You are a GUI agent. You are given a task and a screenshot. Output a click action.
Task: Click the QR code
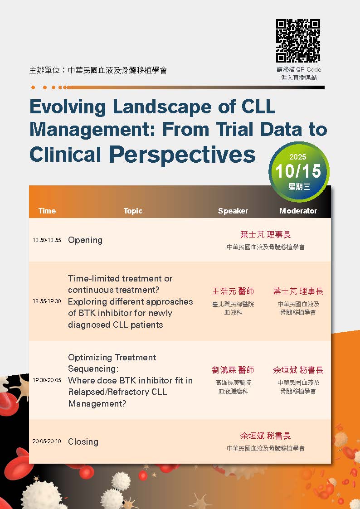pos(298,41)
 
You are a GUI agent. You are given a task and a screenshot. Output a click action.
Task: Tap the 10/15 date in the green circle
pos(298,171)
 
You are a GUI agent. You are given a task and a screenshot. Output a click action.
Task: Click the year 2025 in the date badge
pos(298,157)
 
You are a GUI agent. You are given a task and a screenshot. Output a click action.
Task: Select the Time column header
pos(47,211)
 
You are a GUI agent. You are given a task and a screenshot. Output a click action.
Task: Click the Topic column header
pos(133,211)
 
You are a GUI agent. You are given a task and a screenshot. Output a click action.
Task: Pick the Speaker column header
pos(233,211)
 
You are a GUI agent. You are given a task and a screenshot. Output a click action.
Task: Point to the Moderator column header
pos(298,211)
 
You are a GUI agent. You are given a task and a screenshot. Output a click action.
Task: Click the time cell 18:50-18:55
pos(47,240)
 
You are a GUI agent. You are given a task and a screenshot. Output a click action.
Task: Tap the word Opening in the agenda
pos(85,240)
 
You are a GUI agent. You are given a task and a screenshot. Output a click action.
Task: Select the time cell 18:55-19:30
pos(47,301)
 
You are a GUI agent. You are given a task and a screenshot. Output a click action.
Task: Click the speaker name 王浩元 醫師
pos(233,291)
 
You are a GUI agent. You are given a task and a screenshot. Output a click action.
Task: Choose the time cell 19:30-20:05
pos(47,380)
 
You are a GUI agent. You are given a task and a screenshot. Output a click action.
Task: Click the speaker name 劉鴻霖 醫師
pos(233,370)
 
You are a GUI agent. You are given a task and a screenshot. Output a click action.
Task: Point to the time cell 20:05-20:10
pos(47,441)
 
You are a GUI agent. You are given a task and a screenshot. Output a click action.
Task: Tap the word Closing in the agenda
pos(83,441)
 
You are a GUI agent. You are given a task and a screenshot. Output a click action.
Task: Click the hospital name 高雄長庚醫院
pos(233,383)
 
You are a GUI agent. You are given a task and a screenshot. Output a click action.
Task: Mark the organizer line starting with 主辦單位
pos(98,70)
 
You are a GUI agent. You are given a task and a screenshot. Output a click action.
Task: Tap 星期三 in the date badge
pos(299,187)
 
